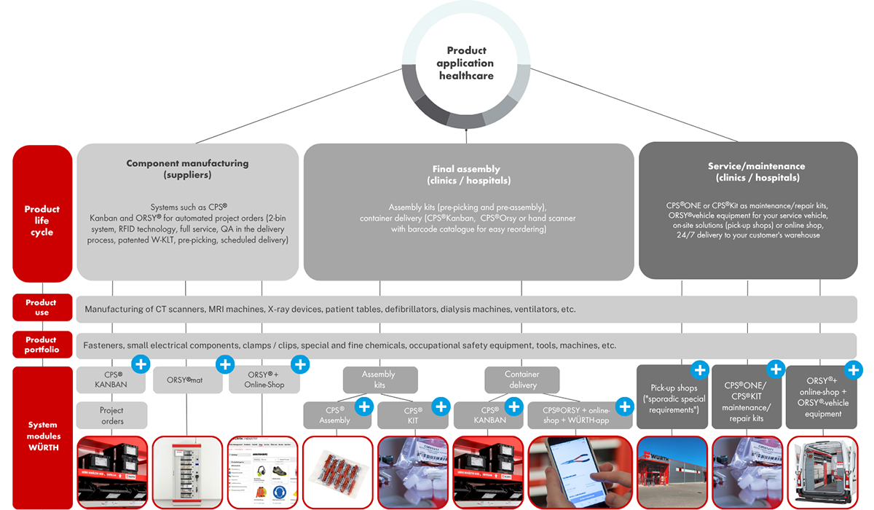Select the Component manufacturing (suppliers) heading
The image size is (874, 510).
point(187,169)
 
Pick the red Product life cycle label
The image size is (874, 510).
point(42,221)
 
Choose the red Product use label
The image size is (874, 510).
point(42,307)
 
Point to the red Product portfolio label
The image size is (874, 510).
point(42,345)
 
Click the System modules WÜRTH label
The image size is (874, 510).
point(42,436)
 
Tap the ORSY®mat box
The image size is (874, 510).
point(187,380)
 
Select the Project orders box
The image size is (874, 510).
point(111,415)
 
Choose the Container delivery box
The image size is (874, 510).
point(523,380)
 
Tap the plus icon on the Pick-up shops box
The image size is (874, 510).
point(699,370)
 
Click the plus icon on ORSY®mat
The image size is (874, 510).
point(226,364)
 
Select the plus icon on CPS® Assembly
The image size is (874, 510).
point(364,406)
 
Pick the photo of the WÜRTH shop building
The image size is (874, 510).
point(672,472)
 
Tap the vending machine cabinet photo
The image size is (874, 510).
point(186,472)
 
